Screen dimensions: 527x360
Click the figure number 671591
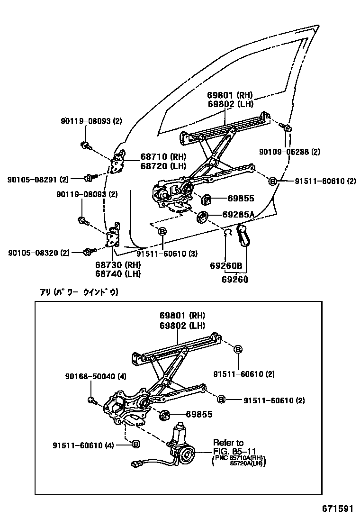coord(335,509)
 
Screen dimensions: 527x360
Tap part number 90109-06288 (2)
coord(289,152)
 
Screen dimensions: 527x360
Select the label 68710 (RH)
coord(162,157)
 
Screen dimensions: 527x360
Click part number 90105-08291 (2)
coord(38,179)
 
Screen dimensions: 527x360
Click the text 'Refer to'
coord(228,443)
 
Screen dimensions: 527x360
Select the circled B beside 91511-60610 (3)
coord(162,231)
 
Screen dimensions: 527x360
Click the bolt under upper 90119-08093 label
coord(86,145)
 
